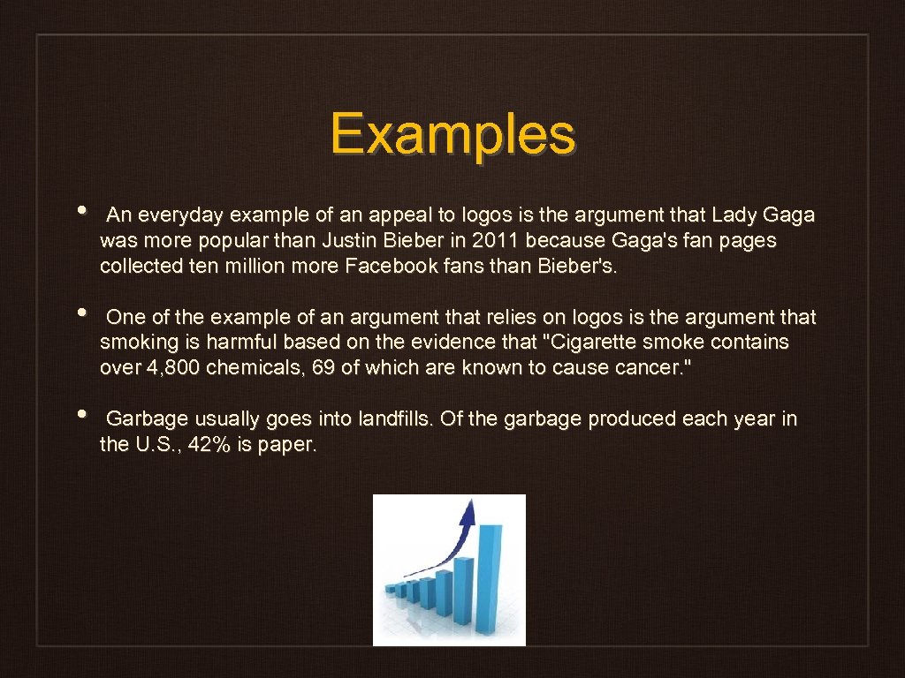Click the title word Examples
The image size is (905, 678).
452,135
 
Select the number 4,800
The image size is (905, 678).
172,368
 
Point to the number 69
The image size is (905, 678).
324,368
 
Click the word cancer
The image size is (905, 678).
649,368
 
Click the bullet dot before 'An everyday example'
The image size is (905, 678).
81,212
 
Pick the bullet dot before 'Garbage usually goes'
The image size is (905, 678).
81,415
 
